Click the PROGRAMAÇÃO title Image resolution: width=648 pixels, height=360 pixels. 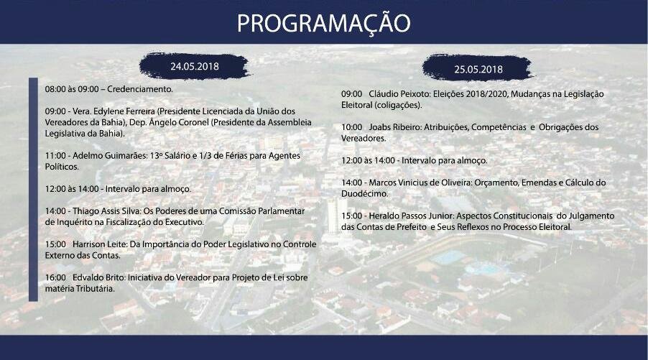coord(323,23)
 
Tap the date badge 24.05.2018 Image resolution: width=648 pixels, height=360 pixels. coord(195,66)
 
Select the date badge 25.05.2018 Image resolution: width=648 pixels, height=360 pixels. coord(478,68)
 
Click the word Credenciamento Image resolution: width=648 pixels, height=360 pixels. coord(139,89)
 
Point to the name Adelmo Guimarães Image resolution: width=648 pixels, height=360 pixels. coord(110,156)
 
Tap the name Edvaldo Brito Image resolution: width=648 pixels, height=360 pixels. coord(98,277)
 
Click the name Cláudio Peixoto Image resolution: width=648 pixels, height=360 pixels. coord(399,94)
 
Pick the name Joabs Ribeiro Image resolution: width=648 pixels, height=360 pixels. coord(394,127)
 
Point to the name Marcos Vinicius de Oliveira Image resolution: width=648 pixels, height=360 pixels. coord(420,183)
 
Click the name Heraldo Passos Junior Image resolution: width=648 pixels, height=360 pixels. coord(411,216)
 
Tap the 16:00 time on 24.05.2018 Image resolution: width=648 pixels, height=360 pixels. coord(55,277)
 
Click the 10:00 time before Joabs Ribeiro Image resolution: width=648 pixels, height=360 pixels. coord(352,127)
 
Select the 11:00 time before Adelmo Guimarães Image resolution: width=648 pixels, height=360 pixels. coord(55,156)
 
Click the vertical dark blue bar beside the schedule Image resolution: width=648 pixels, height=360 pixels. coord(33,189)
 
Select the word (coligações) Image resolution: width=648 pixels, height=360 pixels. coord(398,106)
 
